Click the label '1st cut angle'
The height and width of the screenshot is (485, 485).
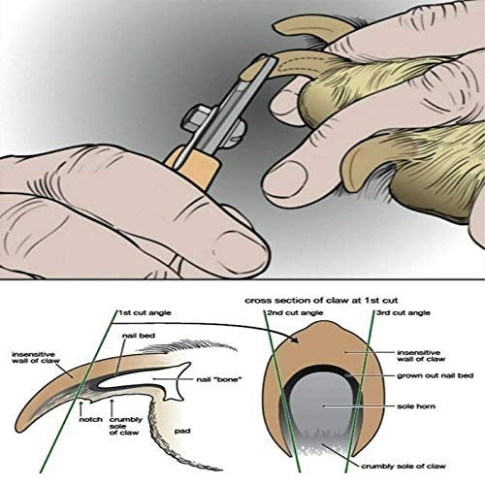point(145,313)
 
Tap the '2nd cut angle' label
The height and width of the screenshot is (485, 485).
point(295,313)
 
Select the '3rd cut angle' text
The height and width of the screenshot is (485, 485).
point(404,313)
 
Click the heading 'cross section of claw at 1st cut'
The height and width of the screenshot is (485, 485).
point(321,301)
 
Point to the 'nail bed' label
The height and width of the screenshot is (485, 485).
point(139,336)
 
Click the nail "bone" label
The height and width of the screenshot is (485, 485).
point(219,379)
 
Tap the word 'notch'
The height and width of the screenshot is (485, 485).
point(90,419)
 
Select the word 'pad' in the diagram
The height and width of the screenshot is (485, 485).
point(182,432)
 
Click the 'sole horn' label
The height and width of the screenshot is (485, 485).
point(416,406)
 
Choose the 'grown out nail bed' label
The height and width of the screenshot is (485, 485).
point(436,375)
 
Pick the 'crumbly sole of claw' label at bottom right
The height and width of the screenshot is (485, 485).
point(404,467)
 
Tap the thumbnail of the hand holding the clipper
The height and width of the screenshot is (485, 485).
point(240,245)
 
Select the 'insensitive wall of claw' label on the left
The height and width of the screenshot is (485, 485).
point(36,358)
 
